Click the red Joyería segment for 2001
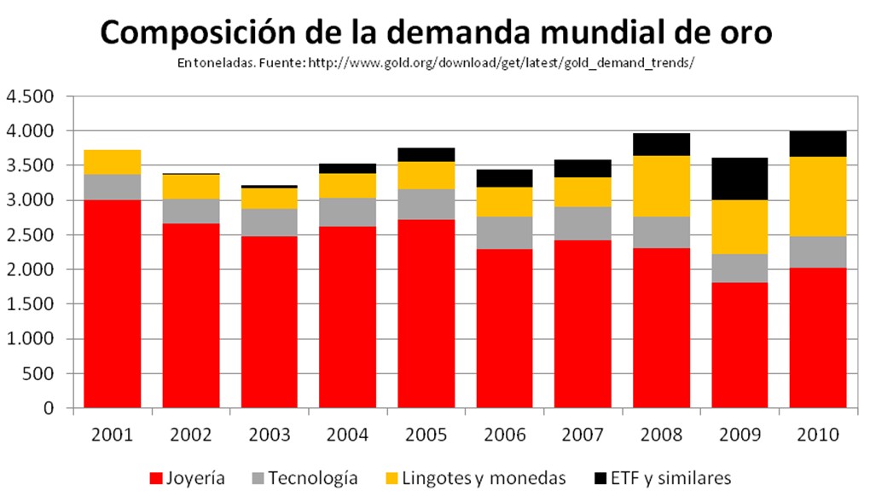click(x=112, y=304)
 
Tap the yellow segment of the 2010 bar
click(x=817, y=196)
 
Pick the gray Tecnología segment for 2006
click(x=504, y=233)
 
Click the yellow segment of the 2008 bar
click(x=661, y=186)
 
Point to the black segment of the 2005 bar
click(x=426, y=154)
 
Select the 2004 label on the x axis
click(x=347, y=435)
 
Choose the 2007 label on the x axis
click(x=583, y=435)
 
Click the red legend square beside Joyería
click(x=156, y=477)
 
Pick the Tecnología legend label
click(x=312, y=477)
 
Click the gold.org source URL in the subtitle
click(x=502, y=64)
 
